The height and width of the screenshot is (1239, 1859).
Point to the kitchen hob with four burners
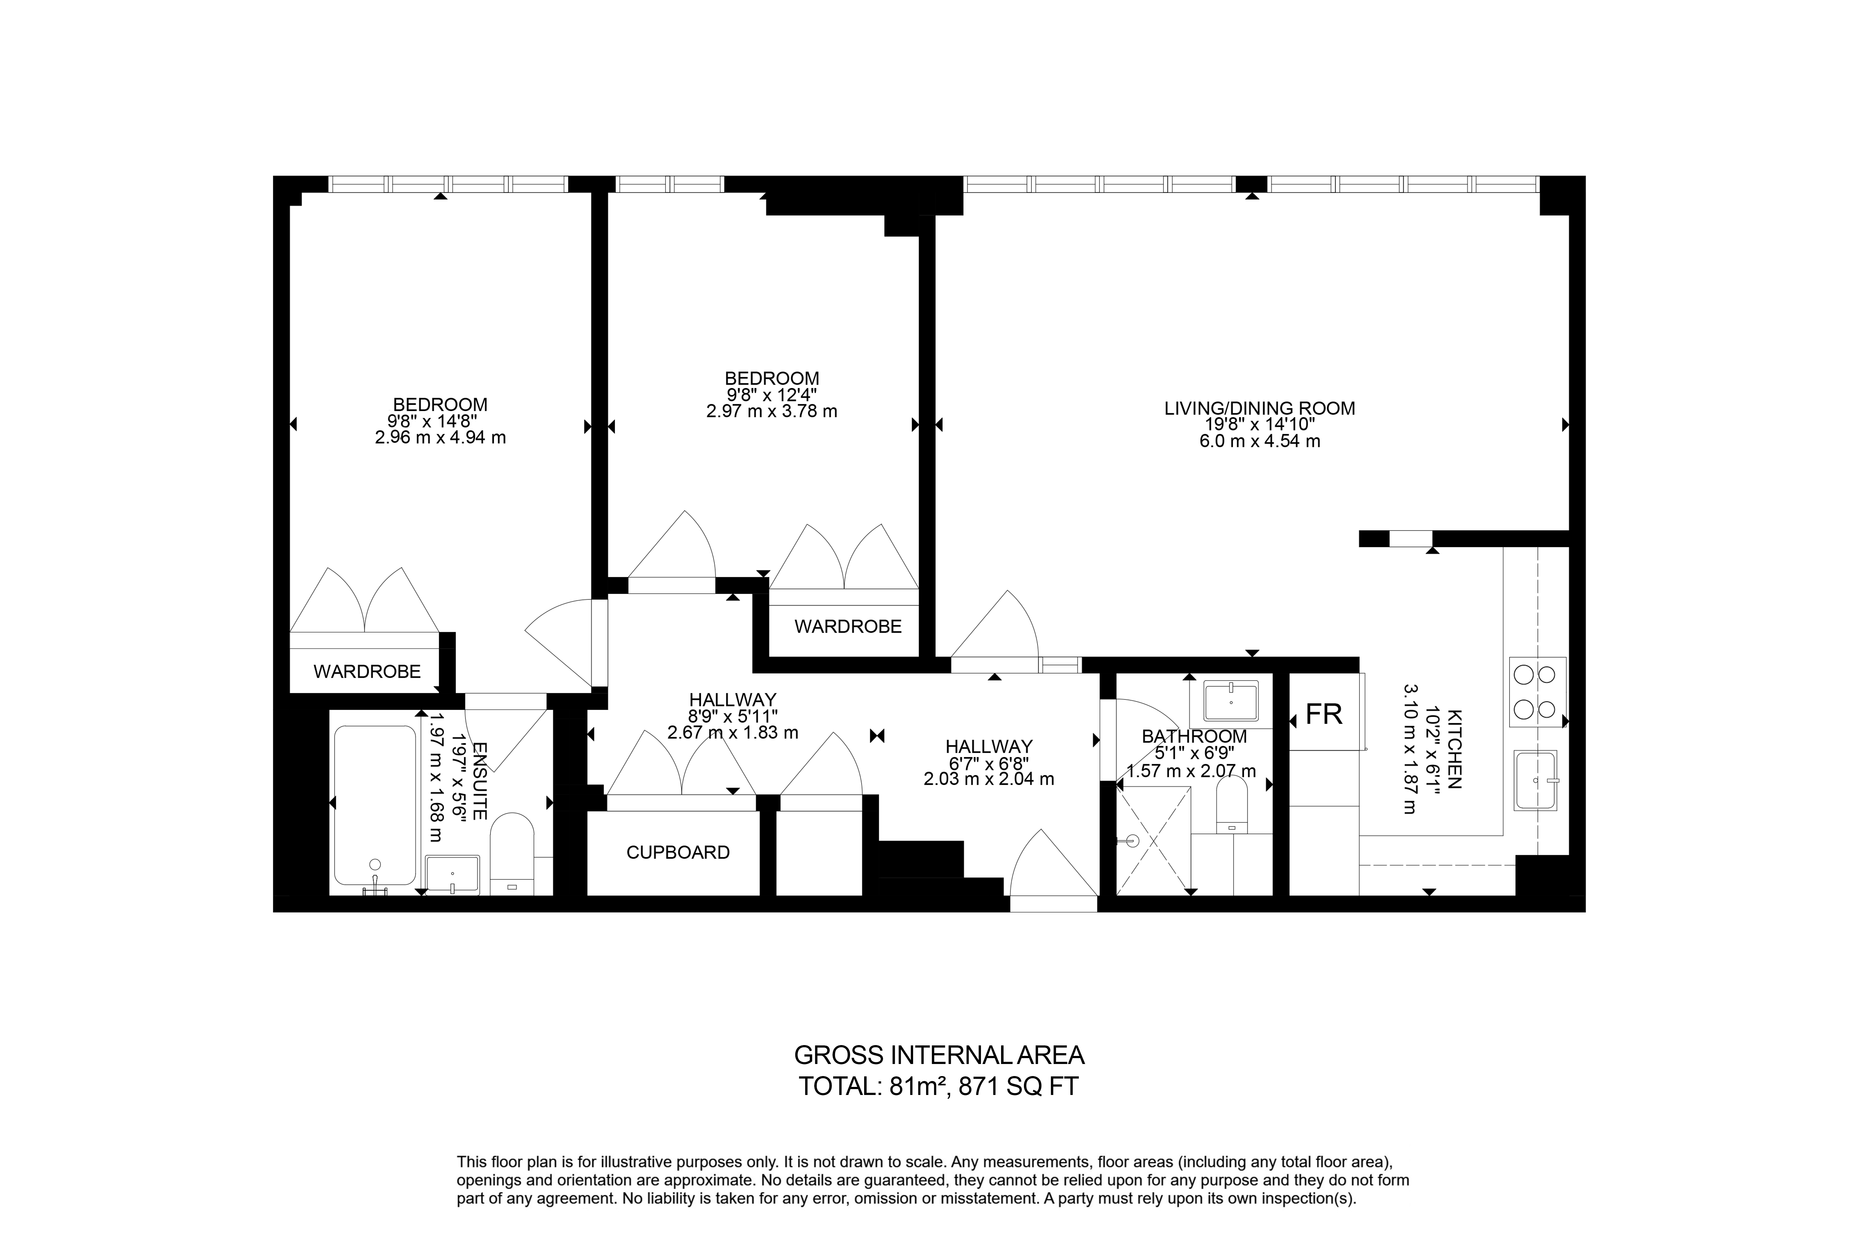pos(1537,692)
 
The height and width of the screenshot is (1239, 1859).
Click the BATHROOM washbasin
pos(1231,700)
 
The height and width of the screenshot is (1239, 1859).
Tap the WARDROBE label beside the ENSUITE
pos(367,672)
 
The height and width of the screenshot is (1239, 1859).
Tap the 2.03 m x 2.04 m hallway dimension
pos(989,779)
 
